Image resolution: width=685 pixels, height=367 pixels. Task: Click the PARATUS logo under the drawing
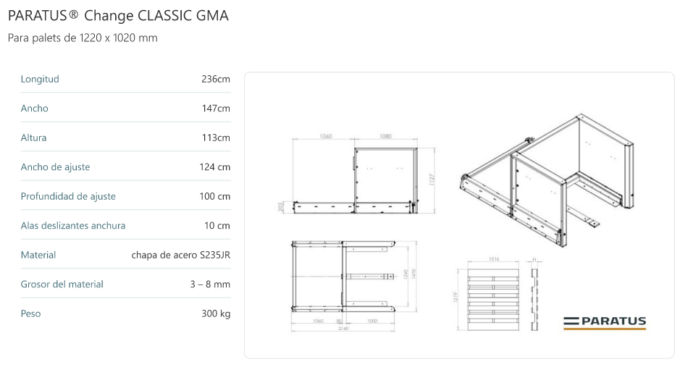pyautogui.click(x=605, y=322)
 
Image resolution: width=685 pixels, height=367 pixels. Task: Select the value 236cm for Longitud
pyautogui.click(x=216, y=79)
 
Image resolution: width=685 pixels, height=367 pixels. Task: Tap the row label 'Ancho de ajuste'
pyautogui.click(x=55, y=167)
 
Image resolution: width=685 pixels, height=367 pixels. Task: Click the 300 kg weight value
pyautogui.click(x=216, y=314)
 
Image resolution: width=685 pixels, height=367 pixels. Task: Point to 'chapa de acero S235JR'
pyautogui.click(x=181, y=256)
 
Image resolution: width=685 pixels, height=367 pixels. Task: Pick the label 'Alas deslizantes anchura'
pyautogui.click(x=73, y=226)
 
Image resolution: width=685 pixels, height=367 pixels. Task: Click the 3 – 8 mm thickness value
pyautogui.click(x=210, y=284)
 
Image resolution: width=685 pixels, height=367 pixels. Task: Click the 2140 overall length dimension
pyautogui.click(x=343, y=329)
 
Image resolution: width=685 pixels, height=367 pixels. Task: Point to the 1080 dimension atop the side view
pyautogui.click(x=385, y=137)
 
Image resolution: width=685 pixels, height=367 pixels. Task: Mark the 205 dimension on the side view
pyautogui.click(x=282, y=207)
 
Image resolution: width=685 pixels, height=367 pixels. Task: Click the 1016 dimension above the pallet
pyautogui.click(x=494, y=258)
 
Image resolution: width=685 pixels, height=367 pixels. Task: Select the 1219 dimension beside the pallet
pyautogui.click(x=455, y=298)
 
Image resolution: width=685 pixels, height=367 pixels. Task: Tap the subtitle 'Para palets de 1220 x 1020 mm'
pyautogui.click(x=82, y=38)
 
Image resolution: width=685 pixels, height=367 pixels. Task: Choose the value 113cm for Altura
pyautogui.click(x=216, y=138)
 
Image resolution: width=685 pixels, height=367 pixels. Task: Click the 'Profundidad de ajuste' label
pyautogui.click(x=68, y=196)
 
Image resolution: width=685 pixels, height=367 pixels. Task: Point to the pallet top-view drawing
pyautogui.click(x=494, y=298)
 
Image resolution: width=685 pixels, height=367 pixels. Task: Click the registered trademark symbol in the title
pyautogui.click(x=73, y=14)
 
